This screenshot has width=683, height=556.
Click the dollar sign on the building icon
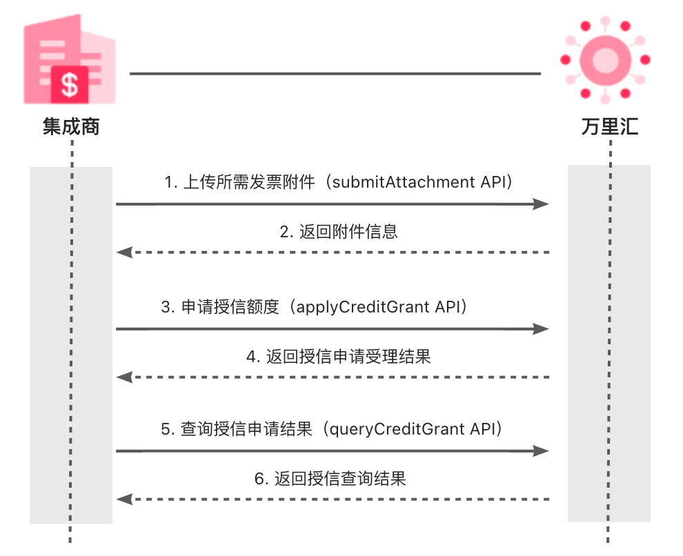(70, 85)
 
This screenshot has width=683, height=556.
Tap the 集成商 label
(71, 128)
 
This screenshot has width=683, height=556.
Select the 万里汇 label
(610, 128)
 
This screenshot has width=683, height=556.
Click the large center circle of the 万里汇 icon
(604, 58)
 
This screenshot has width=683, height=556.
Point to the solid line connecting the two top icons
(335, 73)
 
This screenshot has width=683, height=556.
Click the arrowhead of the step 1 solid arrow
(542, 204)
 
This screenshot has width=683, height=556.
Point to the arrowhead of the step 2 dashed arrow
(124, 252)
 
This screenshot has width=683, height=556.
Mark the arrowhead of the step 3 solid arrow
(542, 329)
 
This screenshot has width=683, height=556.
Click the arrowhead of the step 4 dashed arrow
(124, 377)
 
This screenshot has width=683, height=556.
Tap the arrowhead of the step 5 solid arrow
(542, 451)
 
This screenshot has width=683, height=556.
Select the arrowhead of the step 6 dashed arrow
(124, 499)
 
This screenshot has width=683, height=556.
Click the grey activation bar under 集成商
(71, 345)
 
